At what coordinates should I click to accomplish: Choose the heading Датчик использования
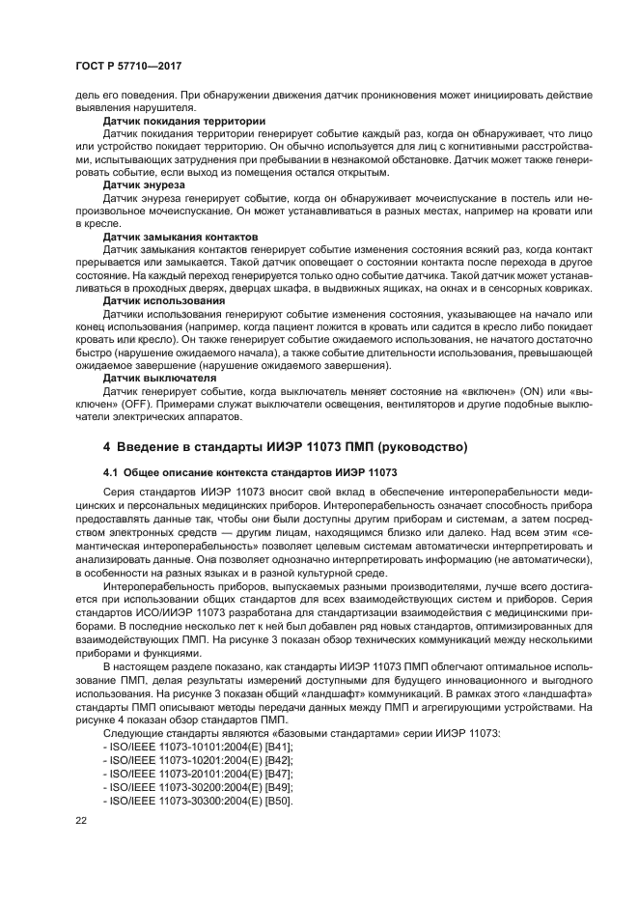pos(158,300)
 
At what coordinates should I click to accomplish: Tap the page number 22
pos(82,820)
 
